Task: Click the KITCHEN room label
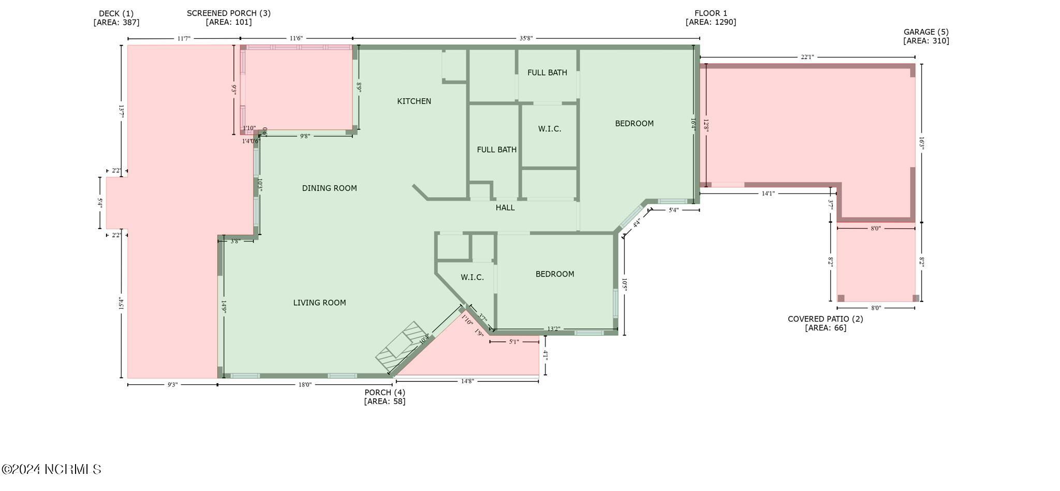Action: click(x=414, y=101)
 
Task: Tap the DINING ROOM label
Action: click(x=329, y=188)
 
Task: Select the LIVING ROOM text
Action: click(x=319, y=302)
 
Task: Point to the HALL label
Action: click(x=505, y=208)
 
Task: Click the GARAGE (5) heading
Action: click(x=926, y=32)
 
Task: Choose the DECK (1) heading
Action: click(x=116, y=13)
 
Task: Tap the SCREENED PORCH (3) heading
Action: click(x=228, y=13)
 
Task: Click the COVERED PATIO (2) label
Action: click(x=825, y=319)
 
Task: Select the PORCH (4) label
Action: click(x=385, y=393)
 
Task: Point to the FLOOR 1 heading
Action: click(x=711, y=13)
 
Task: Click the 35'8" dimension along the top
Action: click(x=526, y=38)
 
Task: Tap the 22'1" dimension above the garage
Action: click(x=807, y=56)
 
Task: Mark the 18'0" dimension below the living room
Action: click(x=305, y=385)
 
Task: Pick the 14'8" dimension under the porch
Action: click(x=467, y=381)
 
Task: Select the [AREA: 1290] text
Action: click(x=711, y=22)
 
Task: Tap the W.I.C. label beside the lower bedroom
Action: click(x=472, y=278)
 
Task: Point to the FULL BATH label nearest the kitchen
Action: click(x=496, y=150)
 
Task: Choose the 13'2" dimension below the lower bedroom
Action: click(x=553, y=328)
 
